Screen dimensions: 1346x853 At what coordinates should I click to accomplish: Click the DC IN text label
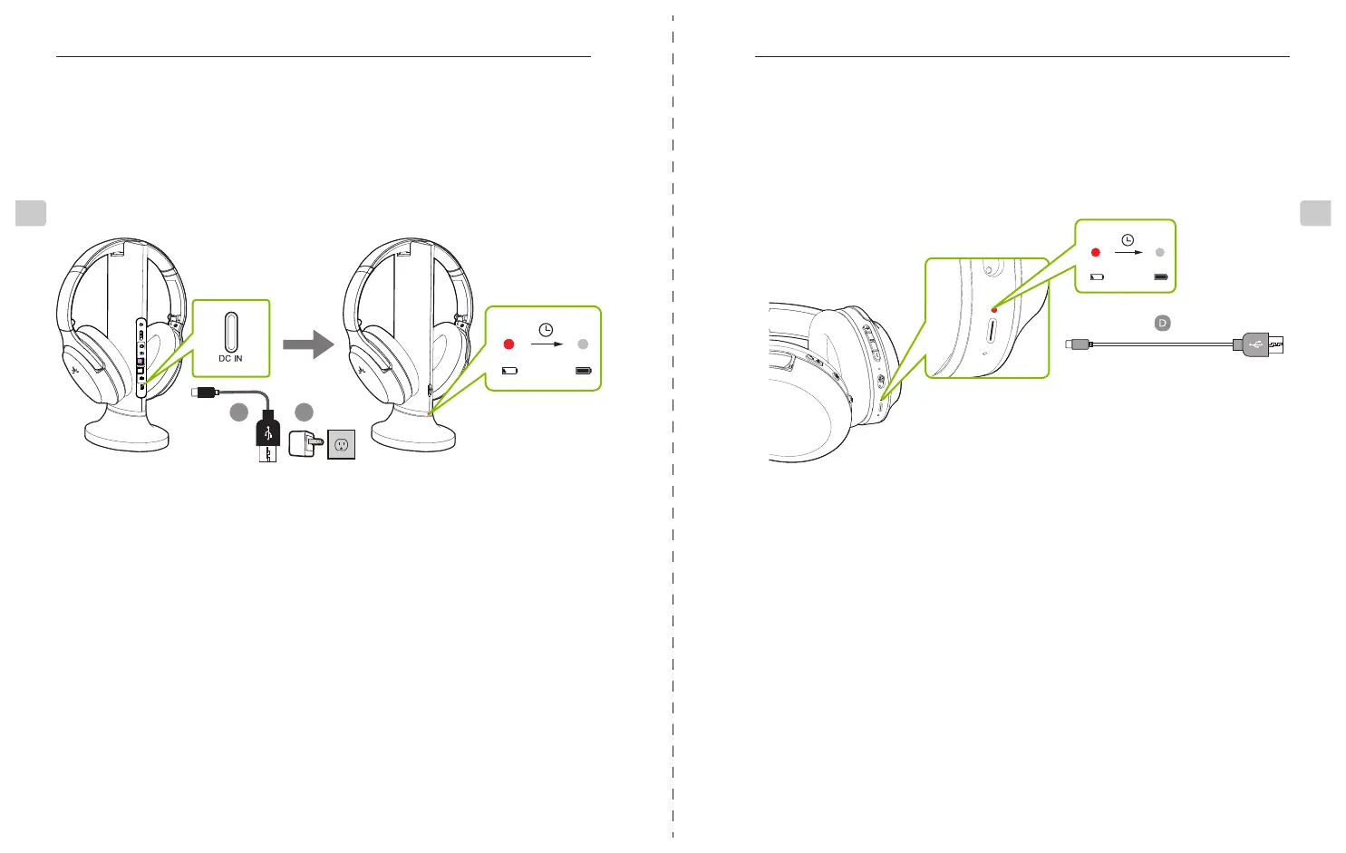tap(230, 359)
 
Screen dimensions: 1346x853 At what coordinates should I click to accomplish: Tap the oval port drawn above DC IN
tap(231, 331)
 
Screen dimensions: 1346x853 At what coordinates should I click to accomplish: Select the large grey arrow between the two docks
tap(308, 344)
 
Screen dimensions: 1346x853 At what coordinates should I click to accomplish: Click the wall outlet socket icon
tap(341, 444)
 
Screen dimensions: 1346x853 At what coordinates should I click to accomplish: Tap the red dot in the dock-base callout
tap(508, 344)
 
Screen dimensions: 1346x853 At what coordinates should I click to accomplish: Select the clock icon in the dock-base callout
tap(546, 330)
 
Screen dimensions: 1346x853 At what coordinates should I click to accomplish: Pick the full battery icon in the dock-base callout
tap(584, 371)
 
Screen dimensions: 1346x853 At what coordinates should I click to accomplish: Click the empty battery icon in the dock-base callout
tap(509, 371)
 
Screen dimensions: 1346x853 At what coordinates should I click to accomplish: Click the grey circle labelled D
tap(1162, 323)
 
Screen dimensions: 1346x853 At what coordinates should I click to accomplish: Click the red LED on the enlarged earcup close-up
tap(994, 310)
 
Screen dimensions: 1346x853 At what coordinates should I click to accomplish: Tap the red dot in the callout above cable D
tap(1096, 252)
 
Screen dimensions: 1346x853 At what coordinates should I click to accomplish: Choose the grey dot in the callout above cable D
tap(1160, 252)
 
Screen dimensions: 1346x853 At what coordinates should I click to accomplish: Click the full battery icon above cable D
tap(1161, 276)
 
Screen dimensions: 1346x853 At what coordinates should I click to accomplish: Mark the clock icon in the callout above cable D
tap(1128, 240)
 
